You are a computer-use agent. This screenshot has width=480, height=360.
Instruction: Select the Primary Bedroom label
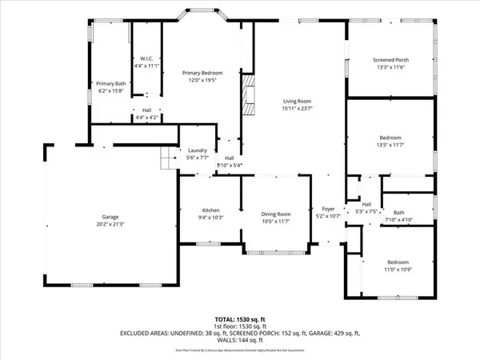(202, 73)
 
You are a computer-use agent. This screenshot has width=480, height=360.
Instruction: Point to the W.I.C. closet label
(146, 58)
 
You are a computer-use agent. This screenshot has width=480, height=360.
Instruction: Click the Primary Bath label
(111, 83)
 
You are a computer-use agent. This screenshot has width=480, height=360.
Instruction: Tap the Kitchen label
(210, 209)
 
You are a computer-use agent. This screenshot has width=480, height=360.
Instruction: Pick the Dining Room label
(276, 214)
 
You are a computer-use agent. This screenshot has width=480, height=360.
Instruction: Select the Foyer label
(329, 209)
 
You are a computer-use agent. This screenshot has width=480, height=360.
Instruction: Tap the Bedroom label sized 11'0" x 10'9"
(398, 262)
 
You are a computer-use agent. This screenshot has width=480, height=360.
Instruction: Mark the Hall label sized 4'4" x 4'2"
(147, 110)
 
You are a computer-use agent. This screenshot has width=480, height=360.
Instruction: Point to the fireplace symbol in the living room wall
(248, 95)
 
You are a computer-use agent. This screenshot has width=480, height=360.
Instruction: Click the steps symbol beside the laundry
(166, 162)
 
